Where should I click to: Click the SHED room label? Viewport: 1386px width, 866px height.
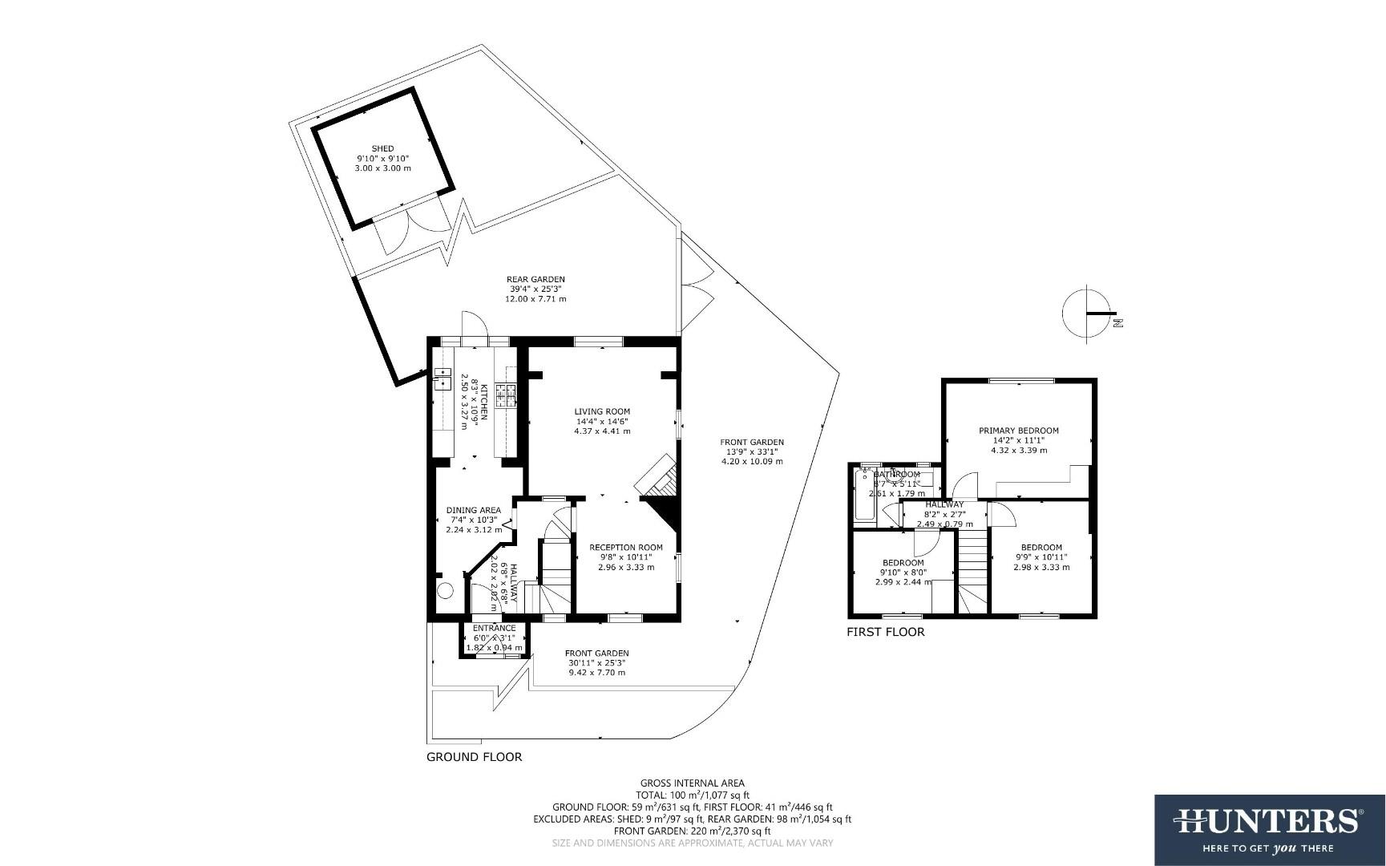pyautogui.click(x=382, y=148)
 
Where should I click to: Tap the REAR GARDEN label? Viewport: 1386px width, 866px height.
pyautogui.click(x=535, y=279)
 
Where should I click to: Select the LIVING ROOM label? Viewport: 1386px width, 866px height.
pyautogui.click(x=602, y=411)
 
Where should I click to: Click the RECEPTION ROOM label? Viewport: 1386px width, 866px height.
pyautogui.click(x=625, y=548)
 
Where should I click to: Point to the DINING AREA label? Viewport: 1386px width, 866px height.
pyautogui.click(x=473, y=510)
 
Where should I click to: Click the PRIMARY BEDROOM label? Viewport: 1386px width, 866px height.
pyautogui.click(x=1018, y=431)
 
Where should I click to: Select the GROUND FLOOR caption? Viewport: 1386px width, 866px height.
pyautogui.click(x=474, y=757)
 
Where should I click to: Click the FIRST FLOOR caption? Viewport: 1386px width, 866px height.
pyautogui.click(x=885, y=632)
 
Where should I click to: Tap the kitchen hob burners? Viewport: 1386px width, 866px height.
pyautogui.click(x=506, y=393)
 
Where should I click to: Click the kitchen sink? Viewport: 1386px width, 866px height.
pyautogui.click(x=442, y=378)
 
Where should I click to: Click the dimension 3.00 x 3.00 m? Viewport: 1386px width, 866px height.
pyautogui.click(x=382, y=168)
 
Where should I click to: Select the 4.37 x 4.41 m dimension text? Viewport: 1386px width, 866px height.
pyautogui.click(x=602, y=431)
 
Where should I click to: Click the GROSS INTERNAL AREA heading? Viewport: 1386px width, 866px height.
pyautogui.click(x=692, y=783)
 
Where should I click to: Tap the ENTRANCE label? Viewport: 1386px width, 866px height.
pyautogui.click(x=494, y=628)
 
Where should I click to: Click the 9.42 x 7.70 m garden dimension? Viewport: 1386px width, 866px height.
pyautogui.click(x=596, y=673)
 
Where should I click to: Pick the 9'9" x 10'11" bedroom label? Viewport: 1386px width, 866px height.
pyautogui.click(x=1041, y=557)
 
